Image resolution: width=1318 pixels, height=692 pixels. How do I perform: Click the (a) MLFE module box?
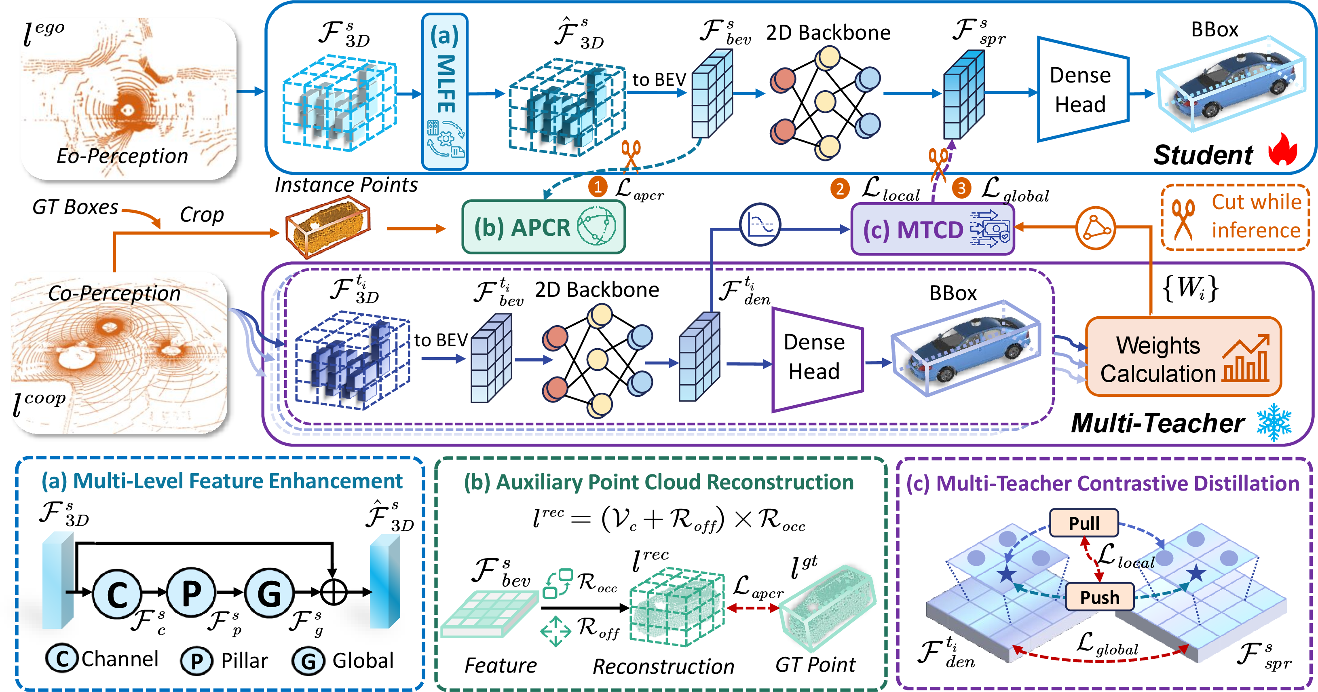[x=445, y=92]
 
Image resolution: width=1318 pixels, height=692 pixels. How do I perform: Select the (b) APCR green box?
[x=543, y=227]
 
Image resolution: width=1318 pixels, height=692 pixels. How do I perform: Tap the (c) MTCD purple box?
[x=932, y=229]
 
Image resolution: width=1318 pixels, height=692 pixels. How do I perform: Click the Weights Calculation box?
[x=1183, y=357]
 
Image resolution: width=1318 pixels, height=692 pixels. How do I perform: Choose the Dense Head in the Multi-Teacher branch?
[x=817, y=359]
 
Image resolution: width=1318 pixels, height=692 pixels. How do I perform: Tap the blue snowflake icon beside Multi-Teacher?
[x=1274, y=422]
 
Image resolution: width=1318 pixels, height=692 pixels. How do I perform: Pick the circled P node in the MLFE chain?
[x=191, y=593]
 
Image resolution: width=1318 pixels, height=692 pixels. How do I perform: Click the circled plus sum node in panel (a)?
[x=334, y=592]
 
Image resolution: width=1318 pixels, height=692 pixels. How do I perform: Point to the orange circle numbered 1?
[x=597, y=187]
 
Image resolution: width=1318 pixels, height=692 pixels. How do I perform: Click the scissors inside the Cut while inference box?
[x=1183, y=219]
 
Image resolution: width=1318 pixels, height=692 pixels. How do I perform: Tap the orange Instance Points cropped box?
[x=327, y=228]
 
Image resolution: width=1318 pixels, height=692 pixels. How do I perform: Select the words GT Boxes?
[x=75, y=207]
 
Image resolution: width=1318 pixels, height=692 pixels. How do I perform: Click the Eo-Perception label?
[x=122, y=156]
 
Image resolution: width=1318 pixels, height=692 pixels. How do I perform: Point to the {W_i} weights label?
[x=1190, y=288]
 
